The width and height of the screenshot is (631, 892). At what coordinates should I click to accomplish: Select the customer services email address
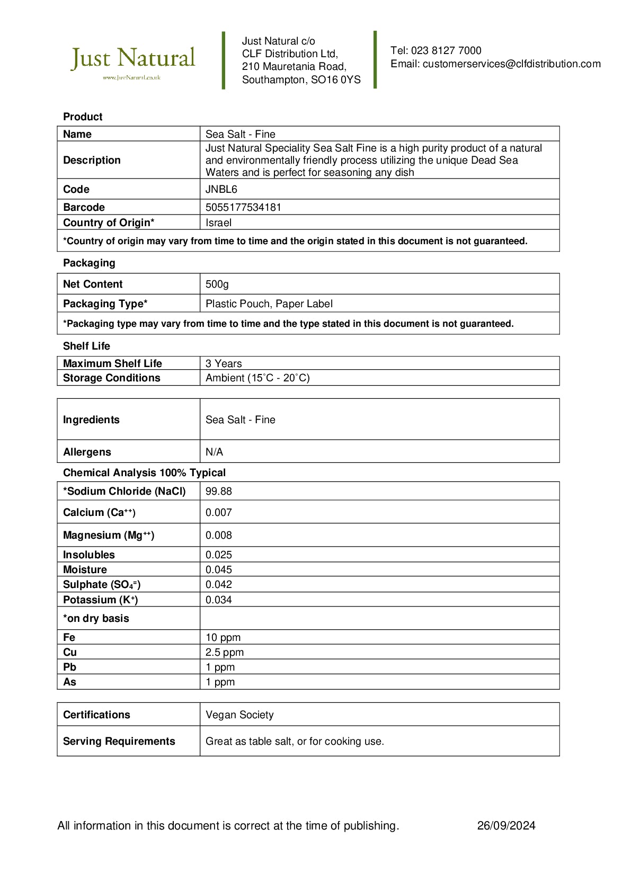pos(511,64)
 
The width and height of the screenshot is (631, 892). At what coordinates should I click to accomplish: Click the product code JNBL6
pos(221,189)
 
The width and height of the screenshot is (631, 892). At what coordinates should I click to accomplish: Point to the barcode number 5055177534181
pos(243,207)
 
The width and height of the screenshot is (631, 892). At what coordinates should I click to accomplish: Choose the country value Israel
pos(218,222)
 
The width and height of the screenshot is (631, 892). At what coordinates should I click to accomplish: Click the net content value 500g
pos(217,284)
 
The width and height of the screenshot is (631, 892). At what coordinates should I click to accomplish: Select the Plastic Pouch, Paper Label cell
pos(269,304)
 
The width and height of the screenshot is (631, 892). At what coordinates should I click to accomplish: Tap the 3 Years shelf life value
pos(224,363)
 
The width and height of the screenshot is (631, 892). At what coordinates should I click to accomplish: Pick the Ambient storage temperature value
pos(257,378)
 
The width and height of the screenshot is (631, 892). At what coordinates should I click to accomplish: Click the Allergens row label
pos(87,452)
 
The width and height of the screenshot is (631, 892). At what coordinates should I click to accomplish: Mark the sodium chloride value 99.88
pos(219,491)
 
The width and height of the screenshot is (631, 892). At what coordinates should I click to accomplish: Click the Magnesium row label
pos(109,535)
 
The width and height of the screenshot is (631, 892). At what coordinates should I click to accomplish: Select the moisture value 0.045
pos(219,569)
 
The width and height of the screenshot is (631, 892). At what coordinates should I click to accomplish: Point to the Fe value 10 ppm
pos(223,637)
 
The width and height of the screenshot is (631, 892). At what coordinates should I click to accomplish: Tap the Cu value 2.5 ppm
pos(225,652)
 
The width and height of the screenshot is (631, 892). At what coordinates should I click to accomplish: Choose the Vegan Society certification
pos(239,715)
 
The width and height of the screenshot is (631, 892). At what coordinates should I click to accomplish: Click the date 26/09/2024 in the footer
pos(506,825)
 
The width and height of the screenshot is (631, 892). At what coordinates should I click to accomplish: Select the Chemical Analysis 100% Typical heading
pos(144,472)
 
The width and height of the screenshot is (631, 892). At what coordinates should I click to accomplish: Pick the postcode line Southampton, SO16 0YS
pos(301,80)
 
